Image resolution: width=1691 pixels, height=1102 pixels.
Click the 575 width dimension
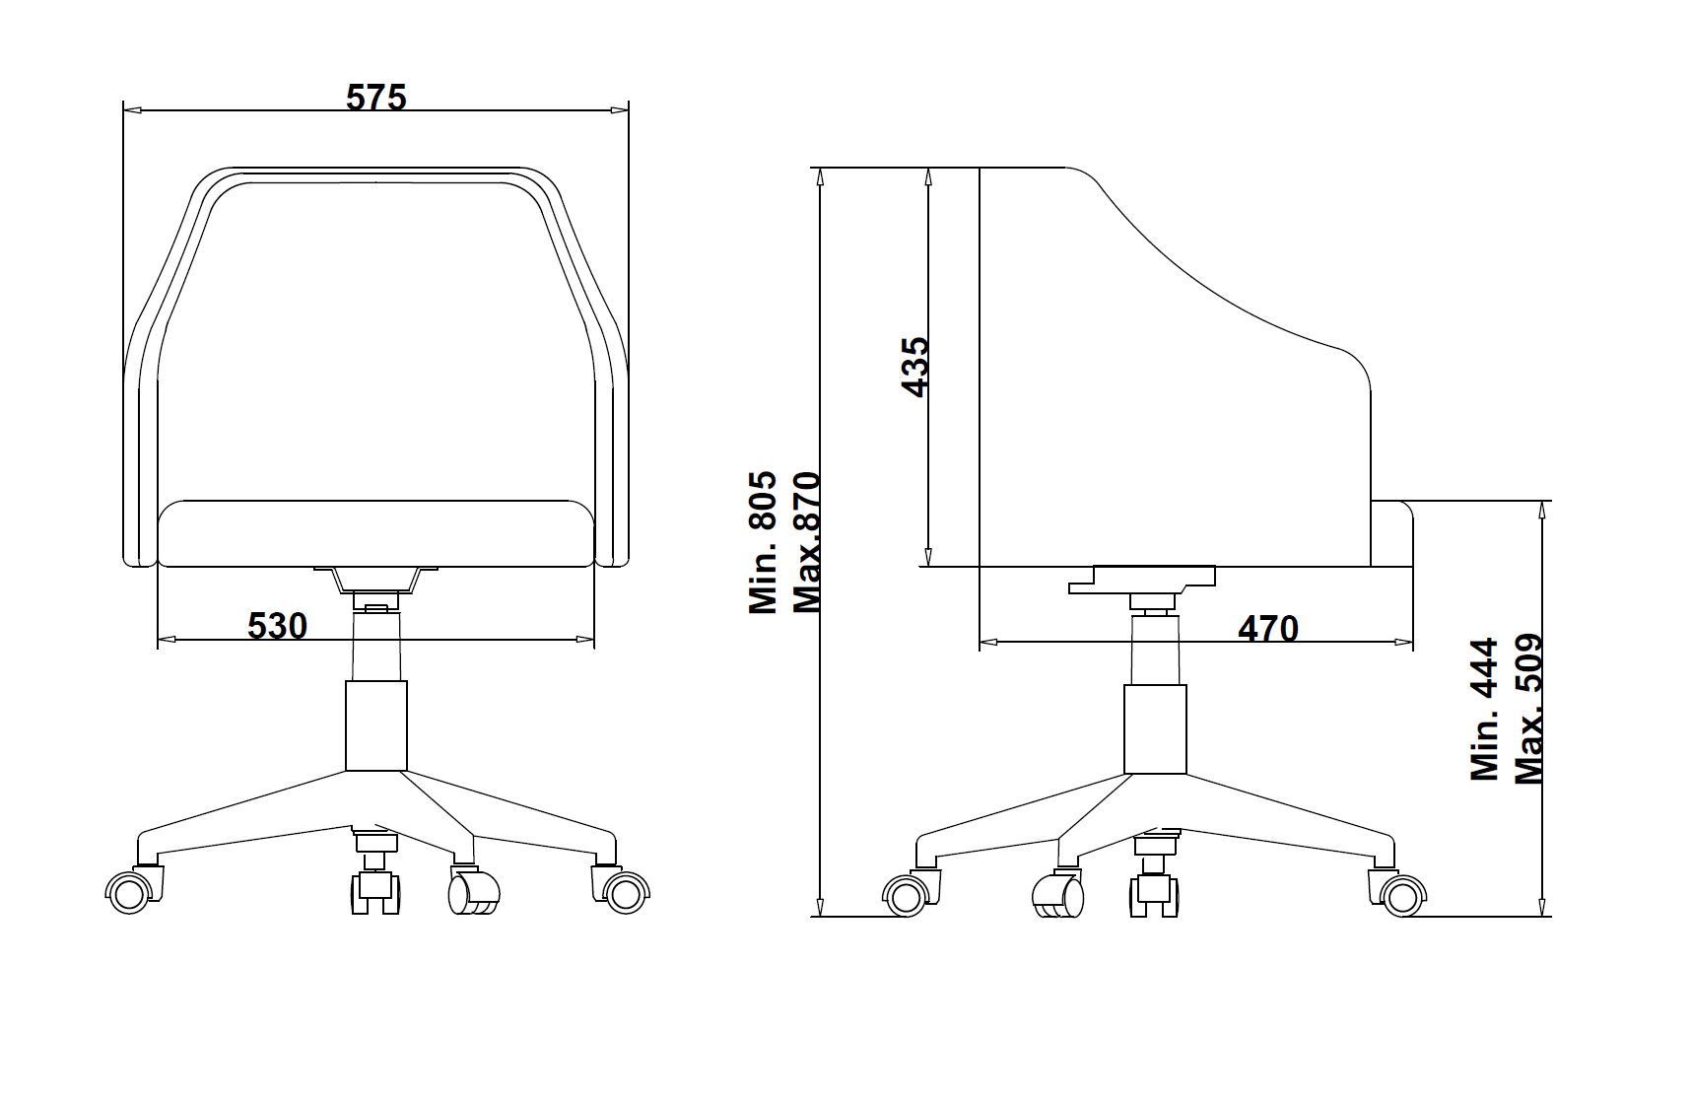376,98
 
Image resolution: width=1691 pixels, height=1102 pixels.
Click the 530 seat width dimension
277,626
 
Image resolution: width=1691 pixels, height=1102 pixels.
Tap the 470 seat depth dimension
1268,629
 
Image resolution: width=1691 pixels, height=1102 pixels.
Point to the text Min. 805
764,543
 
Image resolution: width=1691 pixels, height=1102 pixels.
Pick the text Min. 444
1484,710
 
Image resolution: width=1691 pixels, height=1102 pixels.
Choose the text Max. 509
1527,710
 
